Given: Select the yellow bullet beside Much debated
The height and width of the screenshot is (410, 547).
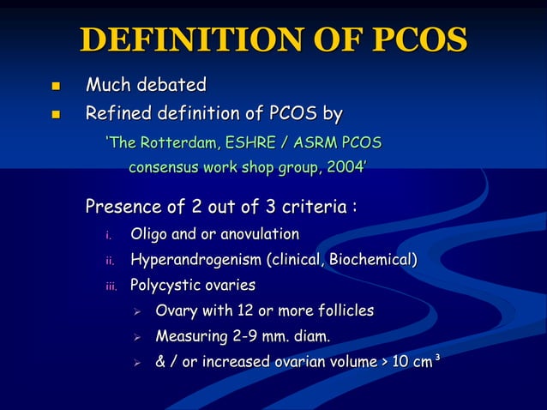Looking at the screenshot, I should coord(57,86).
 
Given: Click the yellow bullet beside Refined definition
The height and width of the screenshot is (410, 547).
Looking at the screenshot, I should coord(57,114).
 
